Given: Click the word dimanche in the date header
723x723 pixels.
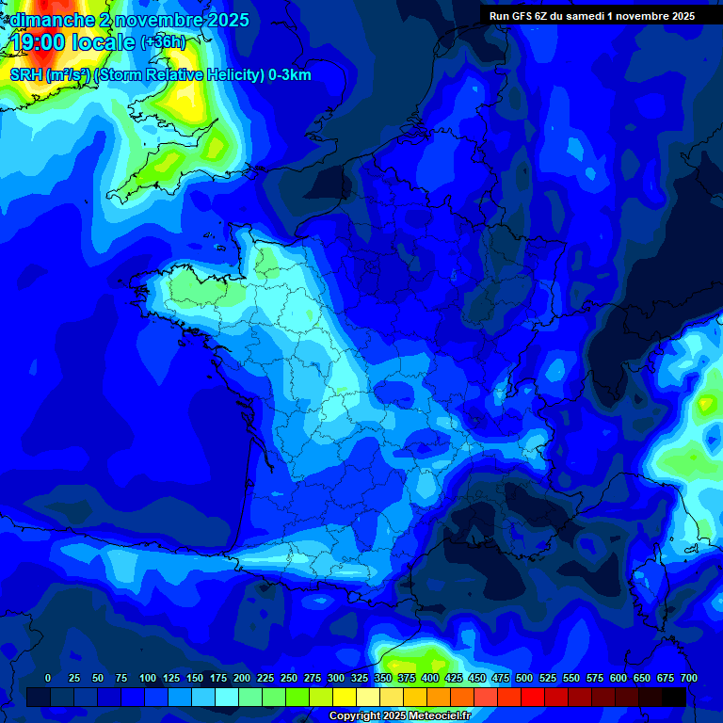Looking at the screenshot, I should (x=52, y=20).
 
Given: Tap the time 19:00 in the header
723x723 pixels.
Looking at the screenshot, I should (x=41, y=42).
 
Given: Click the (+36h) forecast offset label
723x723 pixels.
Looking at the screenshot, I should (x=162, y=43).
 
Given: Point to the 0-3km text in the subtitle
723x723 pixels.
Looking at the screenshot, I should (x=290, y=75).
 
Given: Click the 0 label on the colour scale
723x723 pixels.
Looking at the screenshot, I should (x=48, y=678).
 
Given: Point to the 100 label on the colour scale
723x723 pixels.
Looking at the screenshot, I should (x=148, y=678).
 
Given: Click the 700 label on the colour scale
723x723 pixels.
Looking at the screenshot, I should (x=689, y=678).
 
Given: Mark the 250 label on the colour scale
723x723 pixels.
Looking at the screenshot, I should (x=289, y=678).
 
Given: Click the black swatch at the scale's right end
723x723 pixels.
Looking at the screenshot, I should (x=674, y=697).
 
